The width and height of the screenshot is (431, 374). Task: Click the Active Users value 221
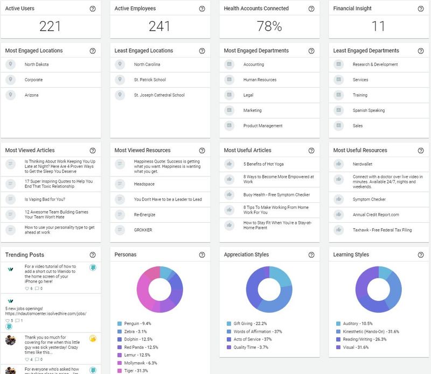[50, 26]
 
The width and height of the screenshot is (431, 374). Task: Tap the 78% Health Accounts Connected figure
[269, 26]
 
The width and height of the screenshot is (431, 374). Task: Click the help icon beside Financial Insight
[421, 9]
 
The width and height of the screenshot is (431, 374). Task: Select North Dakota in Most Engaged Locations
[37, 64]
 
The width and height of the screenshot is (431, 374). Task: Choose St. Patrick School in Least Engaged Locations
[150, 80]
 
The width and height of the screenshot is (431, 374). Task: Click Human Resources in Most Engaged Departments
[260, 80]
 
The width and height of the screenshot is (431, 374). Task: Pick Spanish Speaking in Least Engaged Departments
[369, 110]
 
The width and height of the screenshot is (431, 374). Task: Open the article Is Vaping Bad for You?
[45, 199]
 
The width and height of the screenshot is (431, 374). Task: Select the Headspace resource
[144, 184]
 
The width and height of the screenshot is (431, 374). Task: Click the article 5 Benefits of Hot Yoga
[263, 164]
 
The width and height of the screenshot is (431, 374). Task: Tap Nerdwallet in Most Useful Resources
[362, 164]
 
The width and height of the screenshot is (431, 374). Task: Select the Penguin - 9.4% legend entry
[134, 323]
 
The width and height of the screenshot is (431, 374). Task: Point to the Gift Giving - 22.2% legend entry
[247, 323]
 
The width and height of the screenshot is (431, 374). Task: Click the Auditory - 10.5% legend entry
[354, 323]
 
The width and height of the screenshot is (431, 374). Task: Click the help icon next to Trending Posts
[93, 255]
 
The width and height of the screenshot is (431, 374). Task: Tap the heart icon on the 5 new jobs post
[8, 320]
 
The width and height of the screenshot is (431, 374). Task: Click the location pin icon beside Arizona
[10, 95]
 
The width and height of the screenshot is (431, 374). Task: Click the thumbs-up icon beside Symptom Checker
[338, 199]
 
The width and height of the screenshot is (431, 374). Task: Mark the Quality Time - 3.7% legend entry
[247, 347]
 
